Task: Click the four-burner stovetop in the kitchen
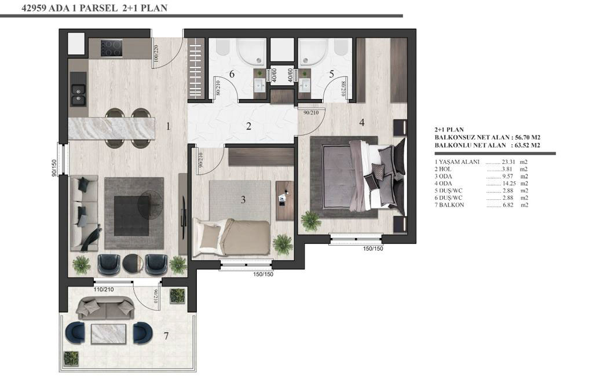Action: [112, 48]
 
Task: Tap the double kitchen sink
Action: [79, 95]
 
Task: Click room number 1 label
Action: [169, 126]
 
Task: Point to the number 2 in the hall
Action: [248, 126]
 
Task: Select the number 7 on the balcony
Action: [166, 336]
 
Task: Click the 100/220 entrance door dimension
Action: [156, 54]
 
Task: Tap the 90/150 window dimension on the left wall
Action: [54, 168]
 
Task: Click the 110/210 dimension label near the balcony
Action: [104, 290]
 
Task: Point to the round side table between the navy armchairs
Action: [133, 263]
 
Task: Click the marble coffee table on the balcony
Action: [108, 334]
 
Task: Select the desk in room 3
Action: [285, 200]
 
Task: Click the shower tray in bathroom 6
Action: [251, 52]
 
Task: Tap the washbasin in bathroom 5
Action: [305, 86]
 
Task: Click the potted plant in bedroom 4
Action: [311, 221]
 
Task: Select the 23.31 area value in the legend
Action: [508, 162]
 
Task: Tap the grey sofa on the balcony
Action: [105, 308]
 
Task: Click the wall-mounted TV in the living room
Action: [184, 213]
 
